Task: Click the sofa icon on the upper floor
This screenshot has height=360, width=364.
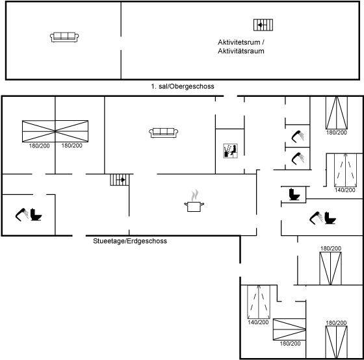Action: click(x=64, y=37)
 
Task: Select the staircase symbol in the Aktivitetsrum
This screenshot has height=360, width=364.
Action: click(x=263, y=25)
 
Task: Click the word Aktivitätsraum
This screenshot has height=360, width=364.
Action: click(x=241, y=51)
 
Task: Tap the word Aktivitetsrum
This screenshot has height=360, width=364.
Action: click(x=239, y=42)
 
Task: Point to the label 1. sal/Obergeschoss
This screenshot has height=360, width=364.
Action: click(x=183, y=86)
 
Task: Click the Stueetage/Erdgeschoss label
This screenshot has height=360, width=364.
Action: click(x=130, y=241)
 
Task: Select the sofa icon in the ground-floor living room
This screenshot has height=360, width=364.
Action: click(x=163, y=133)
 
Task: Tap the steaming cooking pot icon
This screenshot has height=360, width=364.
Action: click(x=194, y=201)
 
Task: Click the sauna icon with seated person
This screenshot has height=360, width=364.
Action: click(x=230, y=151)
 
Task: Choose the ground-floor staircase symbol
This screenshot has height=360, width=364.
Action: click(x=120, y=180)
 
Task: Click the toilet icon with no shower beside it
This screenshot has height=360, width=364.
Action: click(x=294, y=194)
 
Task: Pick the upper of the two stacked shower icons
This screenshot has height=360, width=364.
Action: click(x=298, y=136)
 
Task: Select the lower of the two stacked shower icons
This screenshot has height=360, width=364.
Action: click(x=298, y=159)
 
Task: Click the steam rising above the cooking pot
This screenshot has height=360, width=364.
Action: click(x=195, y=196)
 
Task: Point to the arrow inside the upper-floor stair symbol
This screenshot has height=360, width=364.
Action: click(x=261, y=25)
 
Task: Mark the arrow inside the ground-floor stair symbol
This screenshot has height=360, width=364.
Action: click(x=122, y=179)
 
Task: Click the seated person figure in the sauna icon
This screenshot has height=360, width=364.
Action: click(x=233, y=150)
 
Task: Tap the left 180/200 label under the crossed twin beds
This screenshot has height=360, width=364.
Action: click(x=39, y=146)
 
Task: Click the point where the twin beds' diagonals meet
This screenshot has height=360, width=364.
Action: click(x=55, y=131)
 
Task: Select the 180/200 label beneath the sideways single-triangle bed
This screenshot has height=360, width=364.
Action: click(x=290, y=344)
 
